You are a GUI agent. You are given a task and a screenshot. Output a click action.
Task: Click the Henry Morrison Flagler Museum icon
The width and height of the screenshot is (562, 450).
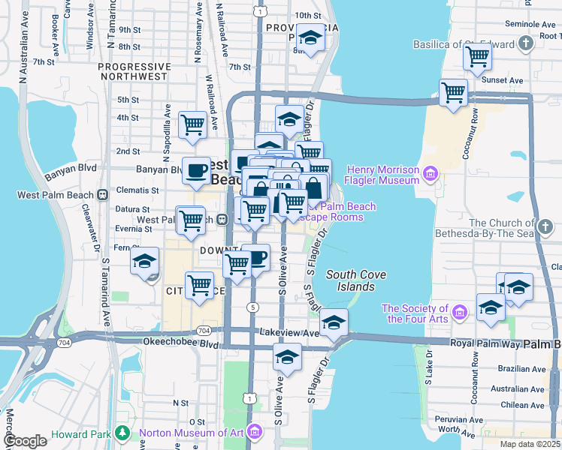coord(430,175)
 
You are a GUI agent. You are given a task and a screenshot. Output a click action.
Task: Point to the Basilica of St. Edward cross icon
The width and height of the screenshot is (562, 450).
coord(525,41)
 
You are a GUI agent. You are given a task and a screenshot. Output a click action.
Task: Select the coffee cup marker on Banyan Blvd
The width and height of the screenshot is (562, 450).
coord(197,169)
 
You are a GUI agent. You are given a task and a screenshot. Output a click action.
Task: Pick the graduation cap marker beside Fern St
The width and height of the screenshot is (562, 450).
coord(144,261)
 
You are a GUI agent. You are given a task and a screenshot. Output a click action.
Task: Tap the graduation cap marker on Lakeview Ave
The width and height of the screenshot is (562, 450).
coord(334,322)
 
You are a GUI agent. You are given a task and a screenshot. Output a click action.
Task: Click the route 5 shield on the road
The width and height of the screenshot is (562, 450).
coord(254,307)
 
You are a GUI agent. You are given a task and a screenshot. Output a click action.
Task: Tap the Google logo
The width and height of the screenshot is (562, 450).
coord(25,440)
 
